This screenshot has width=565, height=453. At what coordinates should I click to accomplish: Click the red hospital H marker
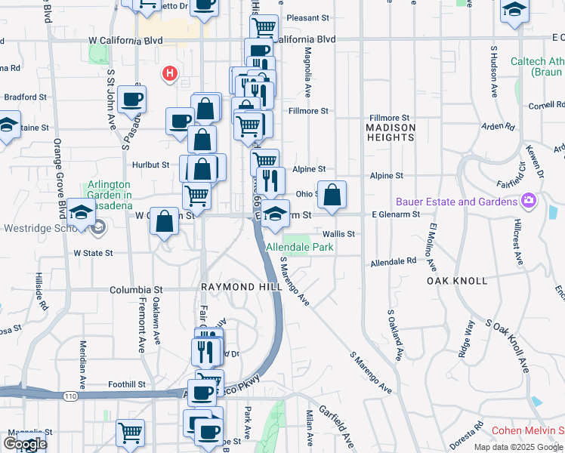tap(170, 74)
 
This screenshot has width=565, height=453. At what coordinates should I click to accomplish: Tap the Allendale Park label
tap(299, 247)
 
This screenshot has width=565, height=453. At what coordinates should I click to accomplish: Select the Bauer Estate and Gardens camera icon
tap(528, 201)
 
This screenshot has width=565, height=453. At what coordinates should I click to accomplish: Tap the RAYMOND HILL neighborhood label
tap(230, 288)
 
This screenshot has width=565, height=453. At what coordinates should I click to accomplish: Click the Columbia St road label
tap(136, 289)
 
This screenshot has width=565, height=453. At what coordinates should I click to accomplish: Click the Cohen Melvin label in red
tap(527, 430)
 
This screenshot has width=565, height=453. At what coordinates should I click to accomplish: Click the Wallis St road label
tap(338, 234)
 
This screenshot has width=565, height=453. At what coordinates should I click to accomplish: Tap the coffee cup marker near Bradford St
tap(131, 99)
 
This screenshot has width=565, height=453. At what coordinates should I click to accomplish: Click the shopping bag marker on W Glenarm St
tap(165, 222)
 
